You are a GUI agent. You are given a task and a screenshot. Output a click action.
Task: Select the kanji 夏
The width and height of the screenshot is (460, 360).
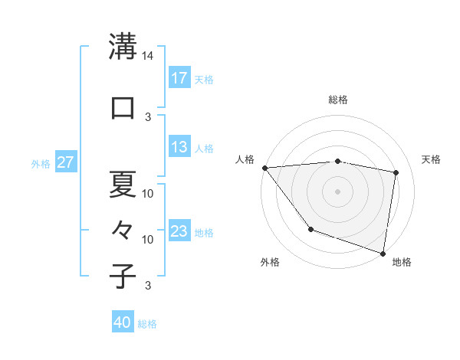pyautogui.click(x=123, y=183)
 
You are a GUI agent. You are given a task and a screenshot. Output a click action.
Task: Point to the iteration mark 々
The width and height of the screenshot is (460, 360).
pyautogui.click(x=123, y=229)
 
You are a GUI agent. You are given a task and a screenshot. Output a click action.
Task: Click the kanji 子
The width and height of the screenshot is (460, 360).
pyautogui.click(x=123, y=276)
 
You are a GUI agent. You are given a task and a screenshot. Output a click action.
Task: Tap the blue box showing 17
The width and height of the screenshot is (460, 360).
pyautogui.click(x=179, y=77)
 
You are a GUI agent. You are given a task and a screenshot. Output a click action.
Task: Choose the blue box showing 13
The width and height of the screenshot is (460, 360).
pyautogui.click(x=179, y=147)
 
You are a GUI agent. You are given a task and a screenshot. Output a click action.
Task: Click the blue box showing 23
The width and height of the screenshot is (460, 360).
pyautogui.click(x=179, y=231)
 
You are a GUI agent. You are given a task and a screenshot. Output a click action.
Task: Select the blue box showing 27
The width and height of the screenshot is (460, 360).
pyautogui.click(x=66, y=162)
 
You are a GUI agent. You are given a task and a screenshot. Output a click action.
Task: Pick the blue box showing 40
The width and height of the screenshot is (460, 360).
pyautogui.click(x=123, y=323)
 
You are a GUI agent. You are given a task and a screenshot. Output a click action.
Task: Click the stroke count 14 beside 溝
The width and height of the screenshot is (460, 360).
pyautogui.click(x=148, y=56)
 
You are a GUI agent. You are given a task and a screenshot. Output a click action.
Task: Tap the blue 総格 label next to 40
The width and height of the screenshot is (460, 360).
pyautogui.click(x=147, y=324)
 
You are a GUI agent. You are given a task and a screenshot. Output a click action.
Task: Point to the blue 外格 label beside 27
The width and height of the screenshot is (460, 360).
pyautogui.click(x=41, y=163)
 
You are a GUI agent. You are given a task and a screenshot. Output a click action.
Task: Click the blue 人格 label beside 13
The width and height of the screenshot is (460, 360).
pyautogui.click(x=204, y=148)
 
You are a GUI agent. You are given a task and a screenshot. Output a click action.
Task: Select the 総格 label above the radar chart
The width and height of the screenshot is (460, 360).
pyautogui.click(x=337, y=100)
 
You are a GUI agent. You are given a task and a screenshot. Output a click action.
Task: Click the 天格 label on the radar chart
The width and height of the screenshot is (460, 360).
pyautogui.click(x=432, y=159)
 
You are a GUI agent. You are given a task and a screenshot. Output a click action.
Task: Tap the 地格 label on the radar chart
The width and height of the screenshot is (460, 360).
pyautogui.click(x=402, y=262)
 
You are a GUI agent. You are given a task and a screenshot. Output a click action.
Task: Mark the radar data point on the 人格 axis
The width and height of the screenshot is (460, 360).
pyautogui.click(x=264, y=168)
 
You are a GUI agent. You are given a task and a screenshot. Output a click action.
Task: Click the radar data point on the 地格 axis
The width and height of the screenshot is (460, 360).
pyautogui.click(x=383, y=253)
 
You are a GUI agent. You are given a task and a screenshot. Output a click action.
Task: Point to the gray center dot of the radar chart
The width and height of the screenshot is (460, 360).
pyautogui.click(x=337, y=191)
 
